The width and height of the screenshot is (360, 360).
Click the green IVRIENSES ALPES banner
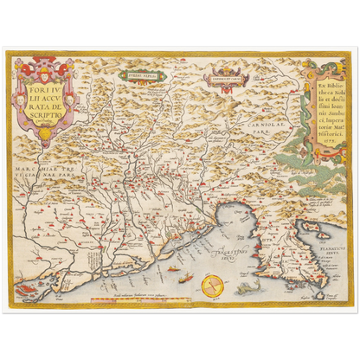tap(146, 75)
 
